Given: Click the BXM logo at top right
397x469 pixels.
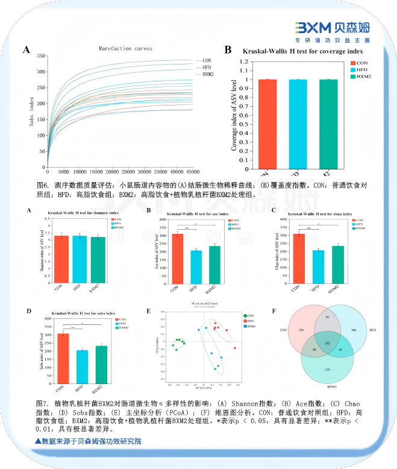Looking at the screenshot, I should (331, 28).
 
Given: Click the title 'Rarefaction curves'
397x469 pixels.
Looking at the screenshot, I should (125, 49).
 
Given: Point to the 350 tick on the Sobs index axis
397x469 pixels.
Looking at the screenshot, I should (41, 56).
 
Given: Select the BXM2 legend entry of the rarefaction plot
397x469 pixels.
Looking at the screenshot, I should (208, 75).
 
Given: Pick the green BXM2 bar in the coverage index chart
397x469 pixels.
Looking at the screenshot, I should (328, 121).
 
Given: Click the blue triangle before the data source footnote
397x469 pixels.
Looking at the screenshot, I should (39, 441).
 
